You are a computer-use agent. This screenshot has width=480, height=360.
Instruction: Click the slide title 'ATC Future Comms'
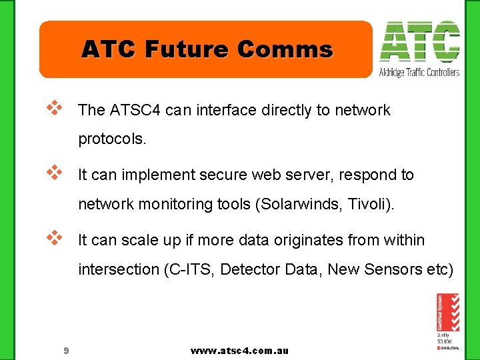tap(207, 49)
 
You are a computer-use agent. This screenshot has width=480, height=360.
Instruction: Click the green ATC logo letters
tap(419, 43)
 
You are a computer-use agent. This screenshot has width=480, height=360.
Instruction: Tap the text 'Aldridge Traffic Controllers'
tap(419, 72)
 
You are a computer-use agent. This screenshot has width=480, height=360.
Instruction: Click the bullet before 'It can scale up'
tap(54, 237)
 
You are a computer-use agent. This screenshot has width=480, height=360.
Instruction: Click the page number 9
tap(66, 351)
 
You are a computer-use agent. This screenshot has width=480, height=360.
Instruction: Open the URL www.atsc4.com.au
tap(239, 351)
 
